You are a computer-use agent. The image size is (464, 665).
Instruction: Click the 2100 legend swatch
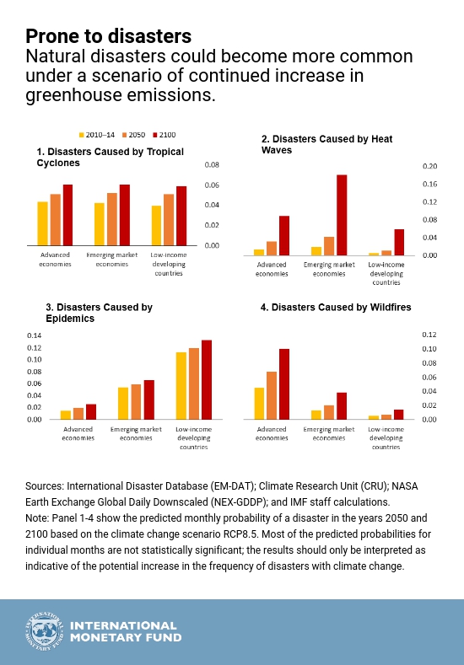click(155, 135)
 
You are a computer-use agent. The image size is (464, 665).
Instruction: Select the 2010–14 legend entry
click(97, 135)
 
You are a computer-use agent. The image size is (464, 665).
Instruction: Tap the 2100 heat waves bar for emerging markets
click(342, 215)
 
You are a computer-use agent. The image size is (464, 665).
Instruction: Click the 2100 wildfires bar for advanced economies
click(284, 384)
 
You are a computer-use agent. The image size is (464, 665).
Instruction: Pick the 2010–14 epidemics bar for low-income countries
click(181, 386)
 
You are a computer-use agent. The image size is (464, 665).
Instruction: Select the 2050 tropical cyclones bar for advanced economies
click(55, 220)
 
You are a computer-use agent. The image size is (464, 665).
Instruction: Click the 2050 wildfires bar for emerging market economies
click(329, 412)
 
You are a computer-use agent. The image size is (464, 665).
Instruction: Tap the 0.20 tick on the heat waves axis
click(429, 166)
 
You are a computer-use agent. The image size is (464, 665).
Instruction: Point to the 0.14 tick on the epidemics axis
click(35, 336)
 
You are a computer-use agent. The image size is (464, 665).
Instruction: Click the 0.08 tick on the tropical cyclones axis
click(212, 165)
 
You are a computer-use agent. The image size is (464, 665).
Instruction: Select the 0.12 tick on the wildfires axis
click(429, 335)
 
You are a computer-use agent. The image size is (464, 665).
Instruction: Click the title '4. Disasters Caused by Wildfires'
click(336, 307)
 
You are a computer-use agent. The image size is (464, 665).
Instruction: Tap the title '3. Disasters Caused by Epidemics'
click(99, 313)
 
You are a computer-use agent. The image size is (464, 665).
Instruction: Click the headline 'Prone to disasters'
click(109, 36)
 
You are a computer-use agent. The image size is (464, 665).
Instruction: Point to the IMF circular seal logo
click(44, 631)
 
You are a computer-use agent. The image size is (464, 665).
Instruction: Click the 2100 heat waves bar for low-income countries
click(399, 242)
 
